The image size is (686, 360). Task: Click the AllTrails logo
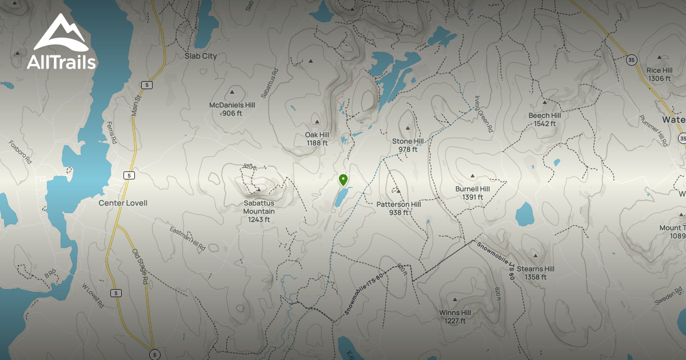62,42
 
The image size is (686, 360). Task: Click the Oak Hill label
317,139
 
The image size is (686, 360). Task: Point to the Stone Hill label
408,145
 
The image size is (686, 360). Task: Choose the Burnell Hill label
473,193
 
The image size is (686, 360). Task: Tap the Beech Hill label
544,119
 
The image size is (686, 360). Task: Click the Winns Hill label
455,317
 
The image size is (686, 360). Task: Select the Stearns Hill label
536,273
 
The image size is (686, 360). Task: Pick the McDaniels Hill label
232,109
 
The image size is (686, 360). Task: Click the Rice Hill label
659,74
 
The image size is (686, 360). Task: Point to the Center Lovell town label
123,203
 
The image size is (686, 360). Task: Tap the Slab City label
201,56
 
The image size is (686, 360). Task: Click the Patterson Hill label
398,208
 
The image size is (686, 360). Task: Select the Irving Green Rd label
483,114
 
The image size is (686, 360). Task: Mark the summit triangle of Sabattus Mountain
259,189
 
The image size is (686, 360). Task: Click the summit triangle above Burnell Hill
473,175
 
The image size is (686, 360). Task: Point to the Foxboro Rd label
20,152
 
